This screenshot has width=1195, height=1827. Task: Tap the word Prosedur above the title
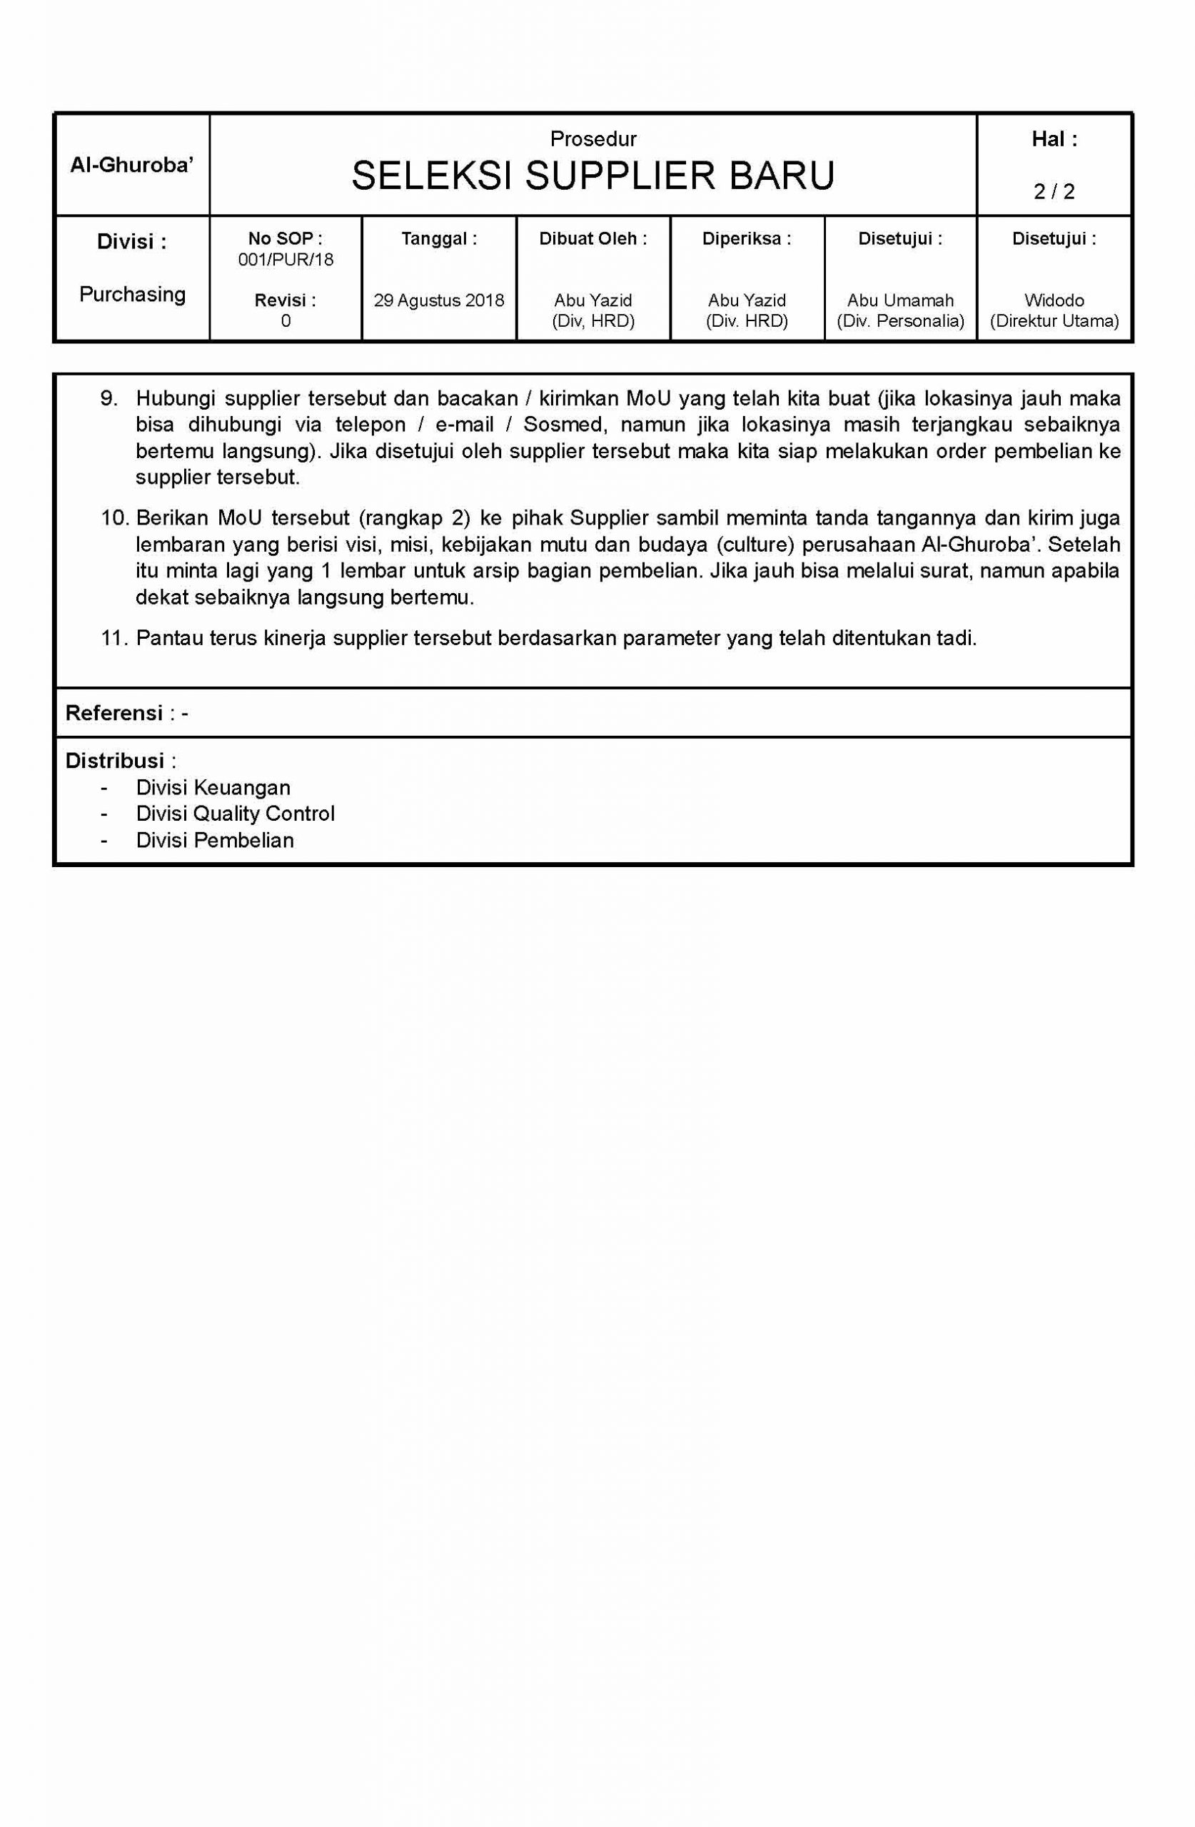pyautogui.click(x=593, y=139)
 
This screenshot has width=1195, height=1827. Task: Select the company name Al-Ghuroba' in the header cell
pyautogui.click(x=131, y=165)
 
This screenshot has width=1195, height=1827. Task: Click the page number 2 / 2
pyautogui.click(x=1054, y=191)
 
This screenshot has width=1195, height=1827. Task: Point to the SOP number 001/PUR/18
pyautogui.click(x=286, y=260)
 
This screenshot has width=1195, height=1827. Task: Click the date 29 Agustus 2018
pyautogui.click(x=438, y=300)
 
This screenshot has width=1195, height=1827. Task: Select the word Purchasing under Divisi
pyautogui.click(x=132, y=294)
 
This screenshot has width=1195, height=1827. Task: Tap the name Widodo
pyautogui.click(x=1054, y=300)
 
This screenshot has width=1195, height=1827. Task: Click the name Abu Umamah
pyautogui.click(x=900, y=300)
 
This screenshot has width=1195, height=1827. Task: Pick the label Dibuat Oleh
pyautogui.click(x=593, y=239)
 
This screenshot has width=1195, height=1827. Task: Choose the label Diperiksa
pyautogui.click(x=747, y=239)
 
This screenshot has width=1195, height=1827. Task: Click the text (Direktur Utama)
pyautogui.click(x=1054, y=321)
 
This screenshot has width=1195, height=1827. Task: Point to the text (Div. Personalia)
pyautogui.click(x=900, y=321)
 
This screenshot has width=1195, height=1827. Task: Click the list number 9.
pyautogui.click(x=109, y=398)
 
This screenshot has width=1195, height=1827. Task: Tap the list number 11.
pyautogui.click(x=113, y=638)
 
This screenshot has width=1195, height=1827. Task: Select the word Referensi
pyautogui.click(x=114, y=713)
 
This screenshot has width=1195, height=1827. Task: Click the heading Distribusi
pyautogui.click(x=114, y=761)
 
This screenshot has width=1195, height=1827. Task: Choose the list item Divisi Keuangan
pyautogui.click(x=213, y=788)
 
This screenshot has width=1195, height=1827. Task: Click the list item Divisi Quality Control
pyautogui.click(x=235, y=814)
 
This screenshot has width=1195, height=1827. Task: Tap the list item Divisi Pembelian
pyautogui.click(x=214, y=840)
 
